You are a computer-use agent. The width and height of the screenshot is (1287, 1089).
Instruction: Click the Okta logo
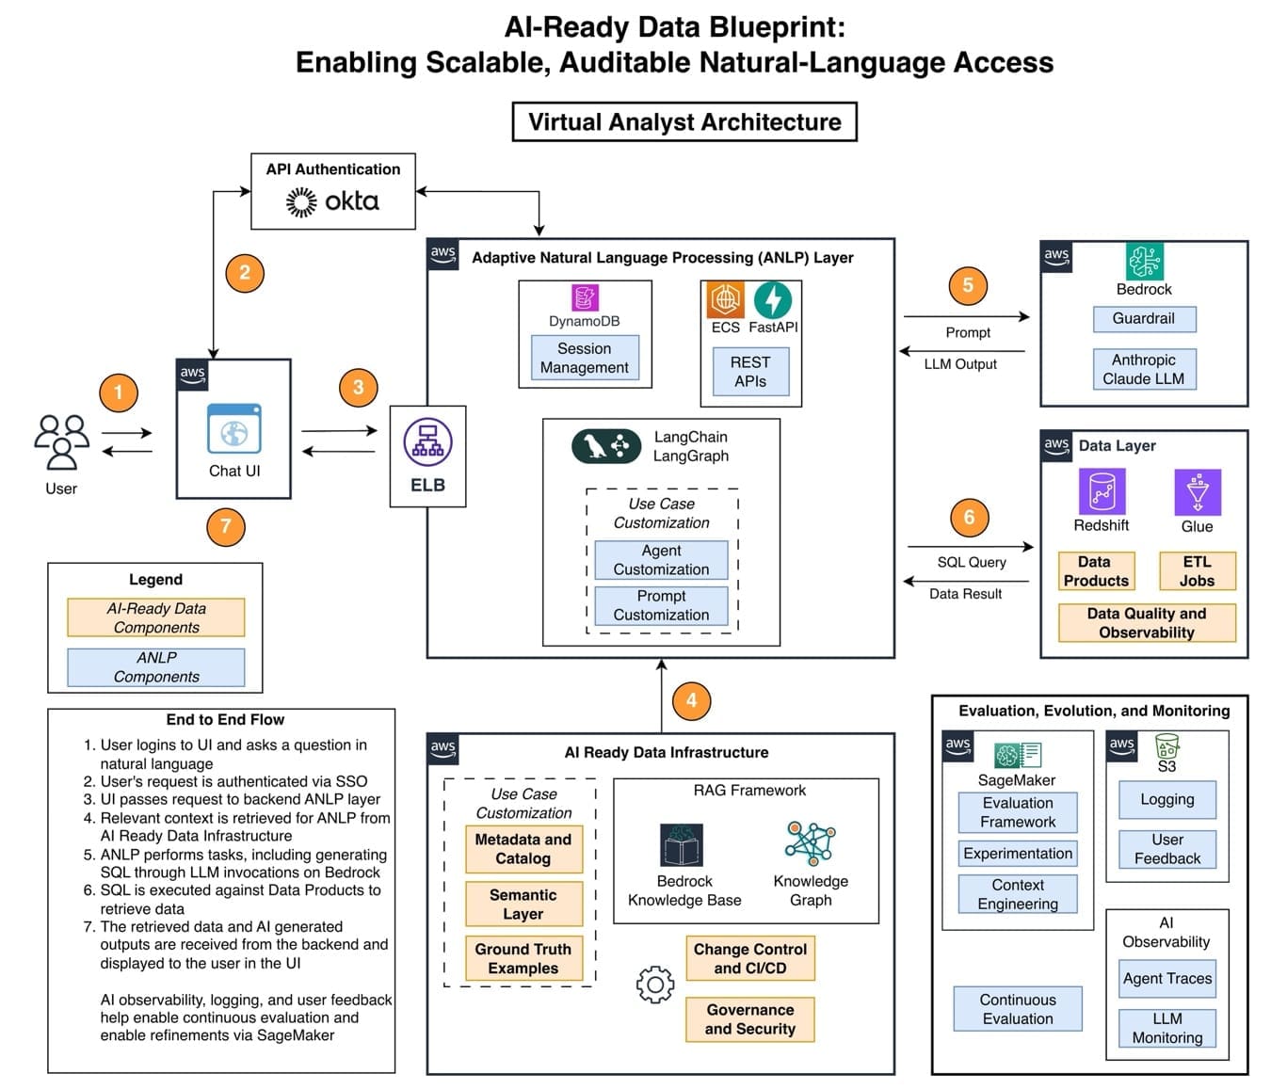(x=332, y=201)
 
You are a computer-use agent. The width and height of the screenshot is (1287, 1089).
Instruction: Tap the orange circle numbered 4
(x=691, y=700)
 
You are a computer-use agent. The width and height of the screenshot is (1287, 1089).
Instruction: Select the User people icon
(x=61, y=441)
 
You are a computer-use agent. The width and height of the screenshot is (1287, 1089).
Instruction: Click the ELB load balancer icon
(x=427, y=442)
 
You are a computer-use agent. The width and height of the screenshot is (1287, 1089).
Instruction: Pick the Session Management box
(x=585, y=358)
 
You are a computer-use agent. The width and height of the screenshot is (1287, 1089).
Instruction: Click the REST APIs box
(x=750, y=372)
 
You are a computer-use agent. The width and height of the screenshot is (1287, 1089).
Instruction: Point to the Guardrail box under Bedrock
(x=1144, y=319)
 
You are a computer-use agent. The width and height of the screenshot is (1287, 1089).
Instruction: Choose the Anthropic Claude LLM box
(x=1144, y=369)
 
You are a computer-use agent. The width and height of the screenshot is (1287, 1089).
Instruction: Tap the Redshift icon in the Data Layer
(x=1102, y=492)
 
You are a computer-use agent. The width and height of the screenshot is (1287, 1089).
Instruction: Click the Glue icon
(x=1198, y=492)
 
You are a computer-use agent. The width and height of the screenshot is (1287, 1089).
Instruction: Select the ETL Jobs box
(x=1197, y=571)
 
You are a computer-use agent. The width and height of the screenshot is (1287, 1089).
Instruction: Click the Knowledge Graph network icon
(x=811, y=843)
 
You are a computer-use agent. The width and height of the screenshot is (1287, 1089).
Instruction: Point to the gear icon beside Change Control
(x=655, y=985)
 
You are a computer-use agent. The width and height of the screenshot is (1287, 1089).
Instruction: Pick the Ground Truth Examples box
(x=523, y=959)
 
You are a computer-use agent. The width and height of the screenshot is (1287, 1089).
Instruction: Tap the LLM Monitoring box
(x=1166, y=1028)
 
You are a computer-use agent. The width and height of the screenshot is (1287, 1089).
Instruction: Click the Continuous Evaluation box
(x=1018, y=1009)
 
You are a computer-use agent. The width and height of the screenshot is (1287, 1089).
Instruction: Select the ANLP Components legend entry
(x=155, y=667)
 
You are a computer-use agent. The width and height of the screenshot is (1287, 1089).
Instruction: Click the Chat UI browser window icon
(x=234, y=428)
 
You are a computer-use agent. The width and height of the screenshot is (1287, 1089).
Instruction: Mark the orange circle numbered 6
(x=969, y=517)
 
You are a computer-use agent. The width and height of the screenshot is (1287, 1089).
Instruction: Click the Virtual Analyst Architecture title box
(x=684, y=122)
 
